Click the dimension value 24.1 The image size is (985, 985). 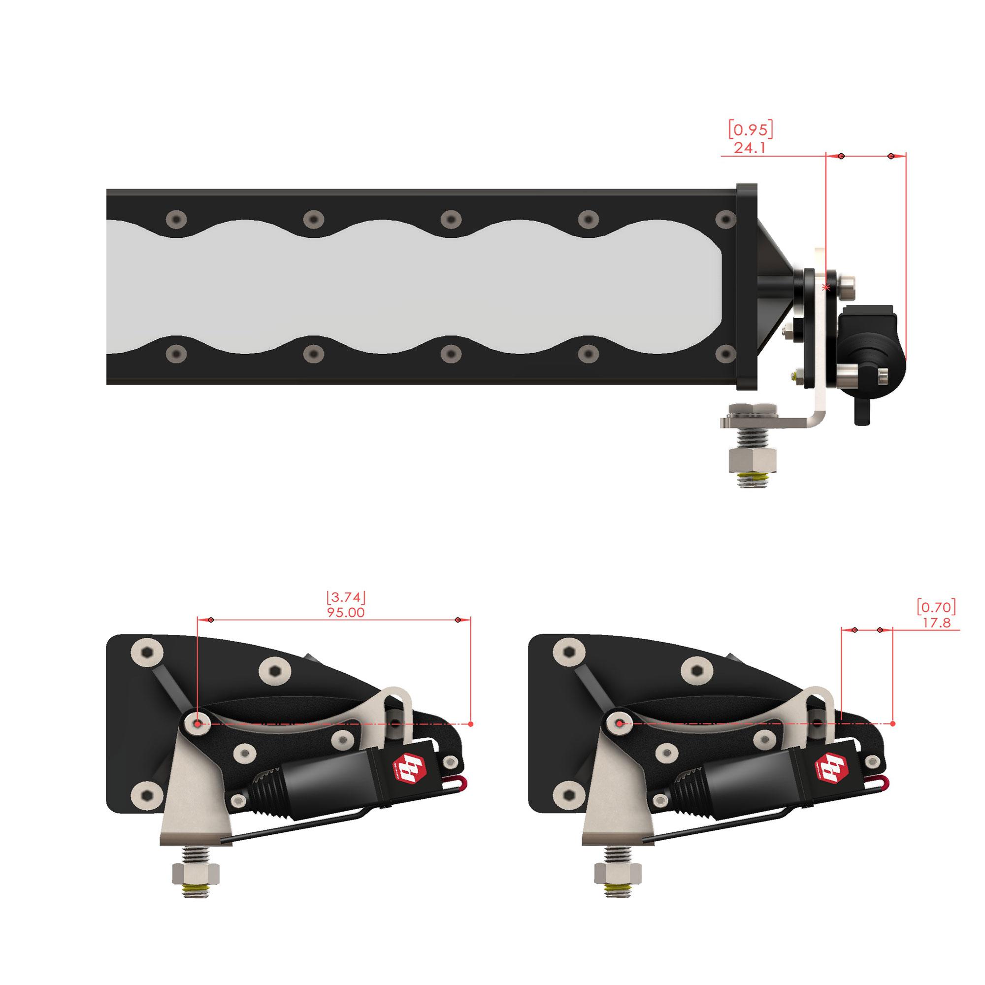(750, 148)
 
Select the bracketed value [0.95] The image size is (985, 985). (750, 130)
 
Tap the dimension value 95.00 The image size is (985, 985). (346, 612)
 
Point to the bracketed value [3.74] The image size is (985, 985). (346, 597)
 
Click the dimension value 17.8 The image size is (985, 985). (937, 623)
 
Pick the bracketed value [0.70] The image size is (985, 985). (936, 607)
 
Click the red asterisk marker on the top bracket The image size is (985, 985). (826, 288)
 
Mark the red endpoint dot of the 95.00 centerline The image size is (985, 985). (470, 724)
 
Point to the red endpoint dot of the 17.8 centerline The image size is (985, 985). (893, 724)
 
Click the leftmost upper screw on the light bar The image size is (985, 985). (176, 219)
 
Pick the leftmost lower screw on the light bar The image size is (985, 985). (176, 352)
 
